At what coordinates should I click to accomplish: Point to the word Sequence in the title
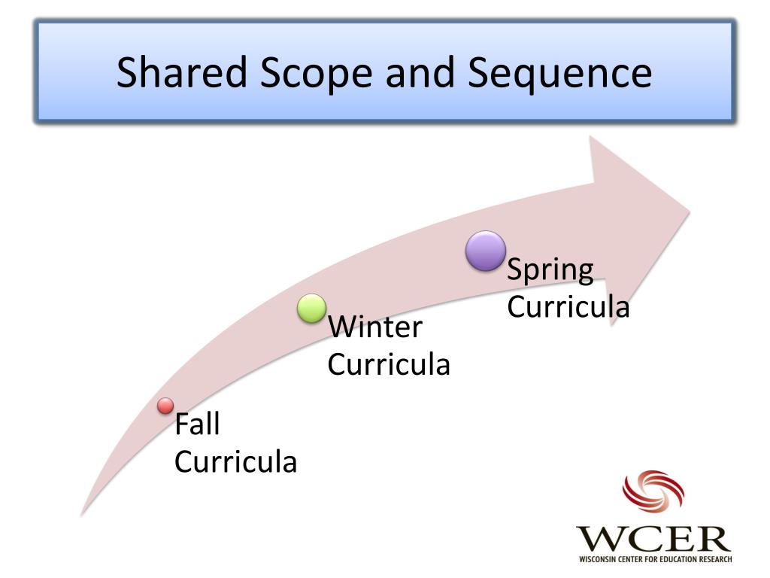pyautogui.click(x=559, y=73)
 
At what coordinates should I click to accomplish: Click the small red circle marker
pyautogui.click(x=165, y=406)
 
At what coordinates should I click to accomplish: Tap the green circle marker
pyautogui.click(x=311, y=309)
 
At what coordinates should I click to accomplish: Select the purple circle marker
pyautogui.click(x=485, y=251)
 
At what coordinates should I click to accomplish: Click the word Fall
pyautogui.click(x=197, y=425)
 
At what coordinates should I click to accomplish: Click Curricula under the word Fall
pyautogui.click(x=235, y=461)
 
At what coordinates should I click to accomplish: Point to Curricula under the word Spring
pyautogui.click(x=568, y=307)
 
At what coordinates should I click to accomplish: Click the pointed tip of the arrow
pyautogui.click(x=689, y=208)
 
